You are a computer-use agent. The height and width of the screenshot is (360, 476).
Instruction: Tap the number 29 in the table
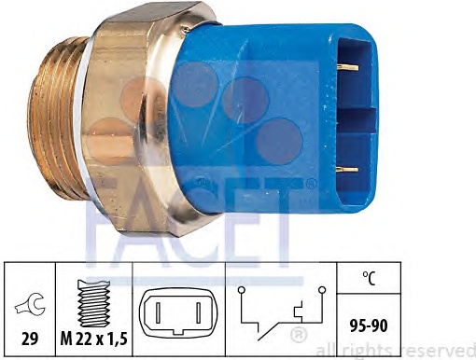[30, 338]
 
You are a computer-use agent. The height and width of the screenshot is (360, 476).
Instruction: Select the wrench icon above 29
[30, 305]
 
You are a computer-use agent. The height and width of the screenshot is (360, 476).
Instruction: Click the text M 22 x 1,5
[93, 339]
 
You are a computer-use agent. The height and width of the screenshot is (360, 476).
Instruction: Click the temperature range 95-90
[369, 325]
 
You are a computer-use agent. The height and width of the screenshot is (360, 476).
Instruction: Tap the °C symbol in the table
[370, 278]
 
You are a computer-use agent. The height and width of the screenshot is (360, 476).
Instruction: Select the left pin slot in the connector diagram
[158, 312]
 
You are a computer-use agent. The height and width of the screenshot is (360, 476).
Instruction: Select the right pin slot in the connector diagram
[198, 312]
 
